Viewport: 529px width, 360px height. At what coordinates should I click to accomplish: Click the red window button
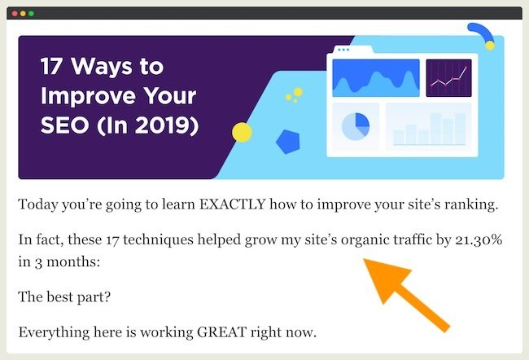point(15,14)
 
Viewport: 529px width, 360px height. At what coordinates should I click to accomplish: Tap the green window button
point(31,14)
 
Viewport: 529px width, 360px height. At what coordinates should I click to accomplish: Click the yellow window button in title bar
point(23,14)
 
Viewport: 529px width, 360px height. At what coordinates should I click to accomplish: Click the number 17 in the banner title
point(50,66)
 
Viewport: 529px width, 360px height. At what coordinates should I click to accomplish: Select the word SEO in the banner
point(65,125)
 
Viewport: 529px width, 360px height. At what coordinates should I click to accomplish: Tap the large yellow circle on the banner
point(242,133)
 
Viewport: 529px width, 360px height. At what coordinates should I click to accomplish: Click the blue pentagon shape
point(288,142)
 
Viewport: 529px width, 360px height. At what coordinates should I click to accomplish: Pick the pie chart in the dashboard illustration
point(356,126)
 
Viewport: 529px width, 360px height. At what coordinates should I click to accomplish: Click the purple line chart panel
point(448,78)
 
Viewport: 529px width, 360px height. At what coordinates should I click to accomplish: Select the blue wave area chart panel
point(376,78)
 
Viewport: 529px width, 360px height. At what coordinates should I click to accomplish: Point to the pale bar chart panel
point(428,126)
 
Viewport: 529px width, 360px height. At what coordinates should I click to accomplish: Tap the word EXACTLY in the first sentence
point(232,204)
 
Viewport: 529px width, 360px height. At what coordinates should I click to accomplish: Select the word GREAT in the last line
point(221,332)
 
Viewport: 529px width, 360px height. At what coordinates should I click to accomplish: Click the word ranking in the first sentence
point(471,205)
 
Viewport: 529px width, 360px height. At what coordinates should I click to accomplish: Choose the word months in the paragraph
point(73,261)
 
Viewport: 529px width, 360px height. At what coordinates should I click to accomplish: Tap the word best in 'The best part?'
point(59,297)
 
